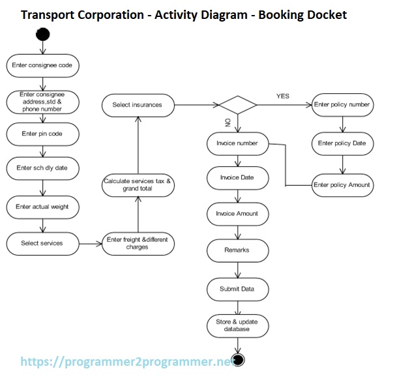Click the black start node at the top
pyautogui.click(x=43, y=33)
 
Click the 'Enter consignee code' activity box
pyautogui.click(x=43, y=66)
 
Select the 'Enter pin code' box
pyautogui.click(x=43, y=134)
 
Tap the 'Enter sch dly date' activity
pyautogui.click(x=43, y=168)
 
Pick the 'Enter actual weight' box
pyautogui.click(x=43, y=207)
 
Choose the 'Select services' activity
pyautogui.click(x=43, y=243)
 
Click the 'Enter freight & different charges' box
pyautogui.click(x=138, y=243)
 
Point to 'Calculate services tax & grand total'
pyautogui.click(x=138, y=185)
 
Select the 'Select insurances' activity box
pyautogui.click(x=138, y=104)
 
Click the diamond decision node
pyautogui.click(x=238, y=104)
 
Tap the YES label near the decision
pyautogui.click(x=282, y=96)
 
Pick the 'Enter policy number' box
pyautogui.click(x=342, y=104)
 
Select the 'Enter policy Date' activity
pyautogui.click(x=342, y=143)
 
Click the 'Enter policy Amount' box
pyautogui.click(x=342, y=185)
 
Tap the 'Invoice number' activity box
pyautogui.click(x=238, y=143)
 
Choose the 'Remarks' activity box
pyautogui.click(x=238, y=250)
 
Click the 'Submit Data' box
pyautogui.click(x=238, y=288)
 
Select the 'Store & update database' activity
pyautogui.click(x=238, y=325)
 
